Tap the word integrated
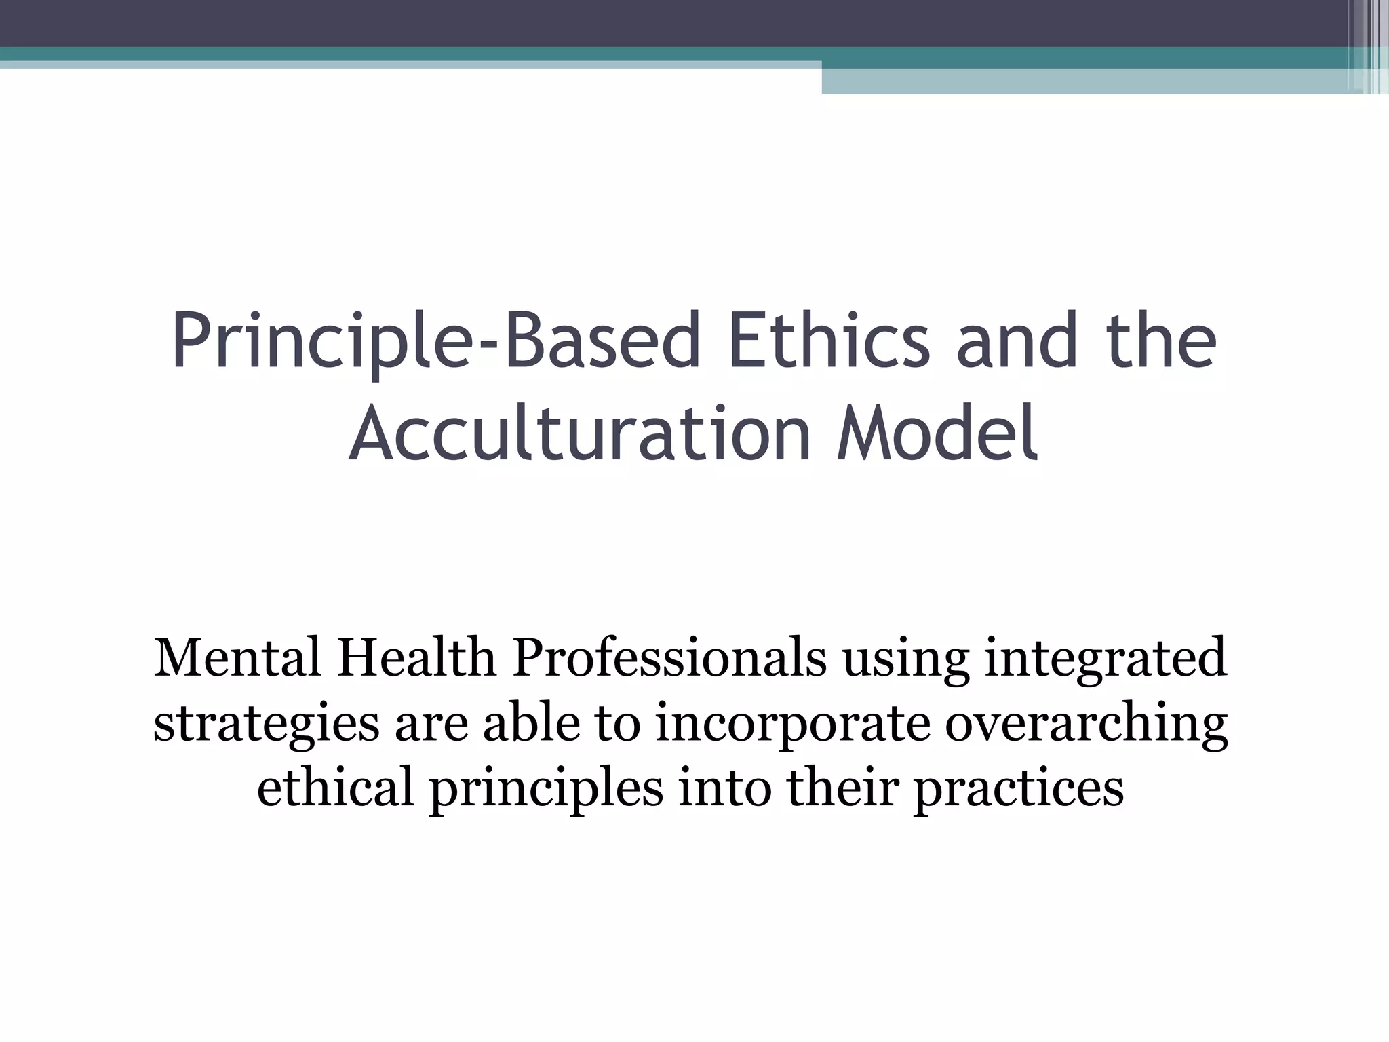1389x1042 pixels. click(1106, 658)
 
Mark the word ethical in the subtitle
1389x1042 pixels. click(335, 787)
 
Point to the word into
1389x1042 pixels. click(725, 787)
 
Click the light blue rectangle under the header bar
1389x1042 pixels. click(1085, 81)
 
